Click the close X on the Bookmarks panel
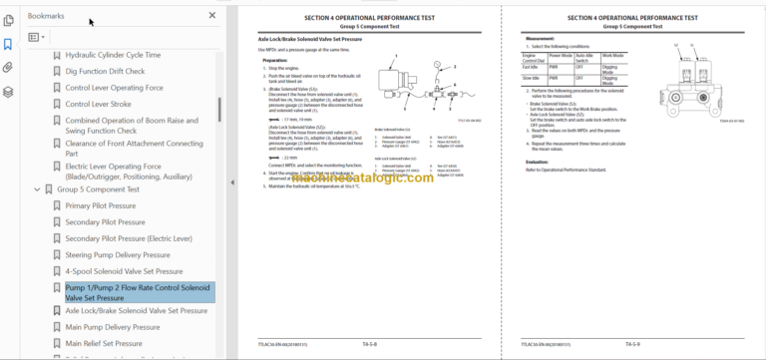[211, 16]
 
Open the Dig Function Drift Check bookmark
[105, 71]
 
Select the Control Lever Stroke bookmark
[98, 104]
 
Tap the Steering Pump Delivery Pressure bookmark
[124, 254]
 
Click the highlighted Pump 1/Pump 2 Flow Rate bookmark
[138, 291]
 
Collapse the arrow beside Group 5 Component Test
[37, 188]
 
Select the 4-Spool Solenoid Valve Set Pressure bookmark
[124, 270]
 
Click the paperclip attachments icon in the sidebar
[8, 68]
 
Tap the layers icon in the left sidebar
[8, 92]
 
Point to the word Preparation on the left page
[275, 60]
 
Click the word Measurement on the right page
[540, 39]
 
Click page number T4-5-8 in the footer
[374, 345]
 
